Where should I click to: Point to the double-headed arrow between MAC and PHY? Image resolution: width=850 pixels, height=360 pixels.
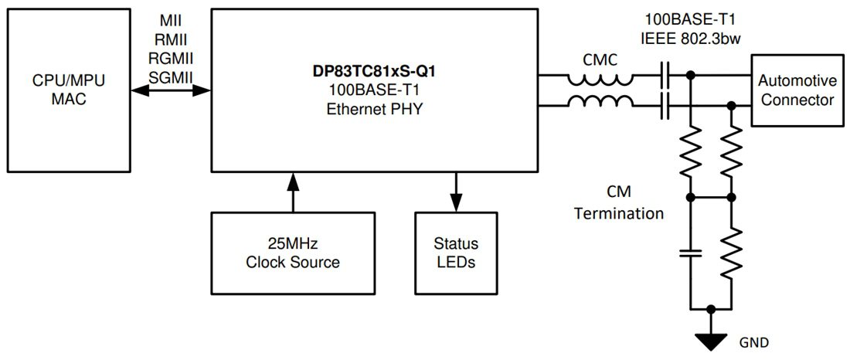[x=171, y=90]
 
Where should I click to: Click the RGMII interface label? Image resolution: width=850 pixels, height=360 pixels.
[x=171, y=58]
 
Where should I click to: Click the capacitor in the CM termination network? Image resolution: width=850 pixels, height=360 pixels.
[x=690, y=253]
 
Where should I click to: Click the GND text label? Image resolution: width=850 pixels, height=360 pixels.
[x=754, y=341]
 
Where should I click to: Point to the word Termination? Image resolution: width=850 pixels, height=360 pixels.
[x=618, y=212]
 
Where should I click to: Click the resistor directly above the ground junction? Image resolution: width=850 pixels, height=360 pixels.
[x=731, y=252]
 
